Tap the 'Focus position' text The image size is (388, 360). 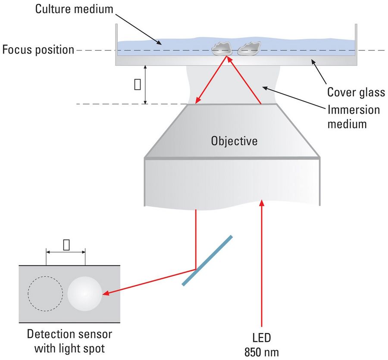tap(38, 50)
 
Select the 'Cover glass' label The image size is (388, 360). tap(356, 92)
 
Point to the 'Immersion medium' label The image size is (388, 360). tap(354, 116)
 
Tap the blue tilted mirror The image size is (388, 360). tap(207, 260)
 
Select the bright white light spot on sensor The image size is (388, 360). tap(84, 293)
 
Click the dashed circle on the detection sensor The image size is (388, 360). tap(45, 293)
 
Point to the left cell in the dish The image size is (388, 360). tap(222, 49)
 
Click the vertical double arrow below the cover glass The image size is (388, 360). tap(146, 85)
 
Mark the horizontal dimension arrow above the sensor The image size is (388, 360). tap(66, 251)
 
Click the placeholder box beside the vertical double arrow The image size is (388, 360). tap(138, 85)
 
